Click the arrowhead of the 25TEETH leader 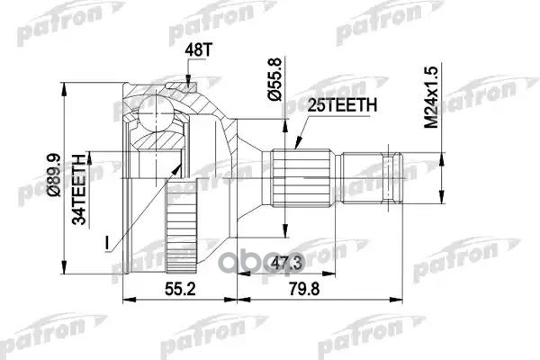[x=298, y=142]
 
